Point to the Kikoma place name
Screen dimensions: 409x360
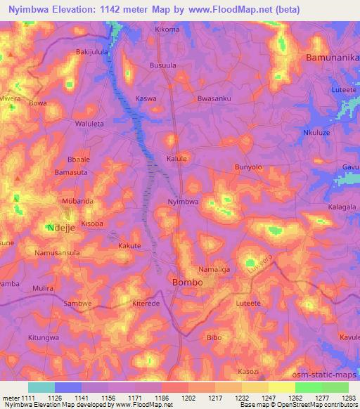point(167,30)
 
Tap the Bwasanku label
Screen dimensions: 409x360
point(214,98)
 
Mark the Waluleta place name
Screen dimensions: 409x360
point(89,123)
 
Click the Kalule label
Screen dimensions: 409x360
point(176,159)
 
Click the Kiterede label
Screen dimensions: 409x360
point(147,304)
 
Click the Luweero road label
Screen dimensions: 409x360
point(262,262)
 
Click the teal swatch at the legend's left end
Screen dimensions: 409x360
point(41,387)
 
